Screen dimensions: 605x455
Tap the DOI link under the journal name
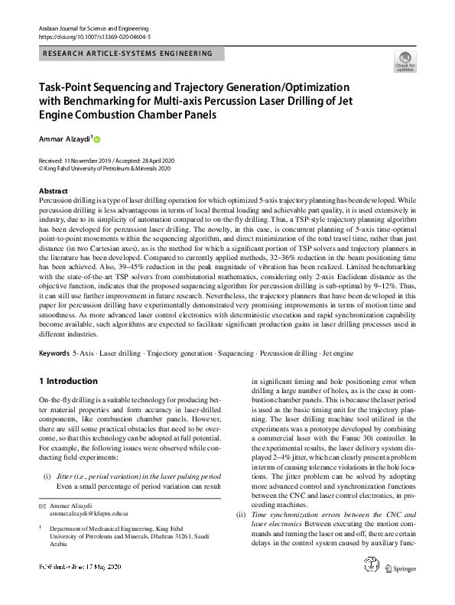(93, 36)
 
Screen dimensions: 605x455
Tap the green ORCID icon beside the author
(97, 139)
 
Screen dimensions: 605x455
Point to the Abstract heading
(53, 191)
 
